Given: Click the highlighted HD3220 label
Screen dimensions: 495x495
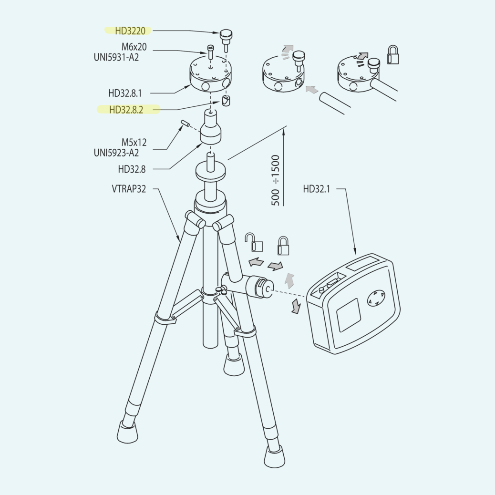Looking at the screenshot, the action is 130,31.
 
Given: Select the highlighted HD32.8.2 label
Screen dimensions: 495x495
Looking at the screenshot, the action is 126,110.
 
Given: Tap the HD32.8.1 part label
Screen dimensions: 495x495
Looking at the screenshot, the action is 125,93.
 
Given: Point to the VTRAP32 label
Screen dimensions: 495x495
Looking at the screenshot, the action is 129,189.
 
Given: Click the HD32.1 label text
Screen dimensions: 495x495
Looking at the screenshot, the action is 316,189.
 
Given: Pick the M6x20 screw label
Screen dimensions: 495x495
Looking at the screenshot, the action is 134,47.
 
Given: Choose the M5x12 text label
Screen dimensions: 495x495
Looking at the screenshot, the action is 134,143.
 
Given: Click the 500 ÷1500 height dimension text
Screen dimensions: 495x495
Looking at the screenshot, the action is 275,180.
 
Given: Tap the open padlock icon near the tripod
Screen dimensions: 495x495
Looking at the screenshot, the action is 255,242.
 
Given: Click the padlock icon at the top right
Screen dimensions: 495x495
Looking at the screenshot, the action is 393,55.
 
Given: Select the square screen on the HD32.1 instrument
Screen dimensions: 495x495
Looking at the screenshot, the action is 349,315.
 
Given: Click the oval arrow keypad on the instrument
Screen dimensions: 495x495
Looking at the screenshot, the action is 376,299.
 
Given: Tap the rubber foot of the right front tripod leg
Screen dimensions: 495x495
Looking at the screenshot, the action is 274,456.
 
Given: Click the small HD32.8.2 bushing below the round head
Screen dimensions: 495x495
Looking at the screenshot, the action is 227,101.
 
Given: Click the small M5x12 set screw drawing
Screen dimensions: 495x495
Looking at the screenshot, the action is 185,123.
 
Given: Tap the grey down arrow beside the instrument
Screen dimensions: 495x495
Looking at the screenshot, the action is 296,306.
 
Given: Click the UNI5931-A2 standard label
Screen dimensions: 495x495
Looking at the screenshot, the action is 116,57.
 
